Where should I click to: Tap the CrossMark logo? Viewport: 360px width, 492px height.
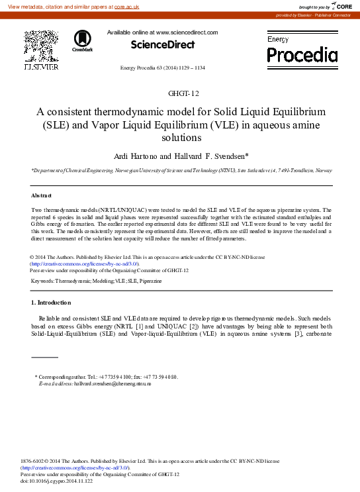[x=83, y=40]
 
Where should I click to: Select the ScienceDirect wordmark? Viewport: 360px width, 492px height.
[x=162, y=45]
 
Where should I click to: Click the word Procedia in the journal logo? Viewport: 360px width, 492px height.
[x=302, y=54]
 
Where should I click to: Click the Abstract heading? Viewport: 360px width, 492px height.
[x=42, y=196]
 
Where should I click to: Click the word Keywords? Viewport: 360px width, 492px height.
[x=42, y=281]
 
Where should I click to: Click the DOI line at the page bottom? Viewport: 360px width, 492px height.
[x=57, y=481]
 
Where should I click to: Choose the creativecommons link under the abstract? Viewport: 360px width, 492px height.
[x=73, y=263]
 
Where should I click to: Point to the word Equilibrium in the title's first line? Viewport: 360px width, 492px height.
[x=291, y=111]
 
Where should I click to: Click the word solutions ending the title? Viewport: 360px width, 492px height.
[x=180, y=138]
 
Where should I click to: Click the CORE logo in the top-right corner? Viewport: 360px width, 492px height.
[x=341, y=6]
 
